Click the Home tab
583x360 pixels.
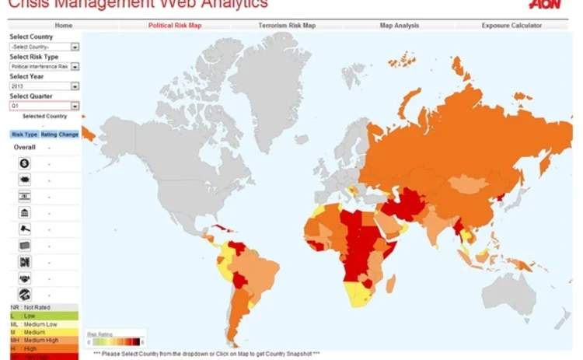click(x=64, y=26)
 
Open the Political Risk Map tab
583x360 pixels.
click(x=174, y=26)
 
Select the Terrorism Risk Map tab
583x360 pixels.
click(x=287, y=26)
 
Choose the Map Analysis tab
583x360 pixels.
click(x=400, y=26)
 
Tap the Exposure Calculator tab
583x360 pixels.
click(x=511, y=26)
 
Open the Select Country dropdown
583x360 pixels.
click(x=44, y=47)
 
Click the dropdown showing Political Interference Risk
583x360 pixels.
click(x=44, y=67)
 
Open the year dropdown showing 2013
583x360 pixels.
click(x=44, y=86)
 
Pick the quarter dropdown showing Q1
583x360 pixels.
click(x=44, y=106)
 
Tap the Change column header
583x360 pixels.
click(x=69, y=134)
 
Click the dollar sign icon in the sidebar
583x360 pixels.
click(x=24, y=163)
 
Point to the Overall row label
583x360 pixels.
click(x=25, y=146)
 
